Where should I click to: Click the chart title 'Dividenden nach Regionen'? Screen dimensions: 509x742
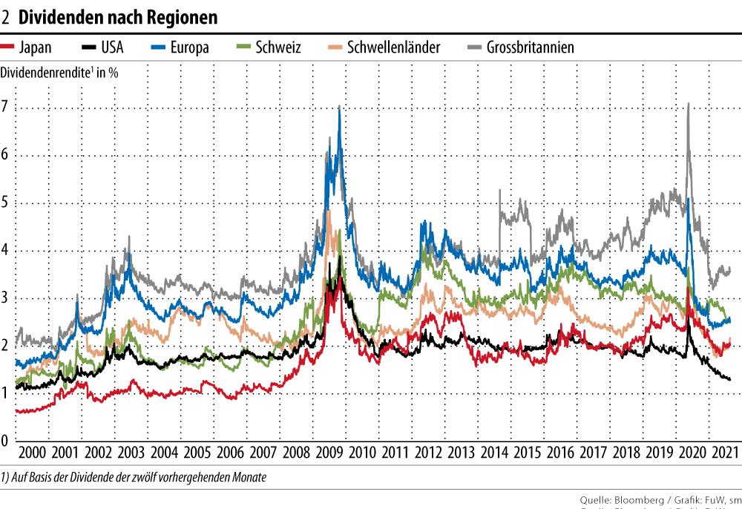(x=119, y=15)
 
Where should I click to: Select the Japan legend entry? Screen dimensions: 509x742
(x=34, y=47)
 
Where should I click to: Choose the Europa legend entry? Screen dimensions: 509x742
(x=188, y=47)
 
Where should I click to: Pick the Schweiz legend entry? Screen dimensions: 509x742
(x=277, y=47)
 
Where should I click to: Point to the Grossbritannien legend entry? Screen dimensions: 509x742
(x=530, y=47)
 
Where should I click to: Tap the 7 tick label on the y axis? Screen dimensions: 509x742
(x=7, y=107)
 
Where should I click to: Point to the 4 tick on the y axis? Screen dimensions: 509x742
(x=7, y=250)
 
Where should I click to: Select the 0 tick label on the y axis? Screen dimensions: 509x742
(x=7, y=441)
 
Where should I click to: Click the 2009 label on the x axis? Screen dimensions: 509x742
(x=327, y=453)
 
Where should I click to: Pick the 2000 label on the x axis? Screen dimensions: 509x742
(x=32, y=453)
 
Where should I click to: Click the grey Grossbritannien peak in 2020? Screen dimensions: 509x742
(x=689, y=105)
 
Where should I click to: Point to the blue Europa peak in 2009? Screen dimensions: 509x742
(x=339, y=108)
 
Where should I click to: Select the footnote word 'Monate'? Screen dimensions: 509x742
(x=248, y=477)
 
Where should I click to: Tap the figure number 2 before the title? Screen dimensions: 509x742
(x=7, y=15)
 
